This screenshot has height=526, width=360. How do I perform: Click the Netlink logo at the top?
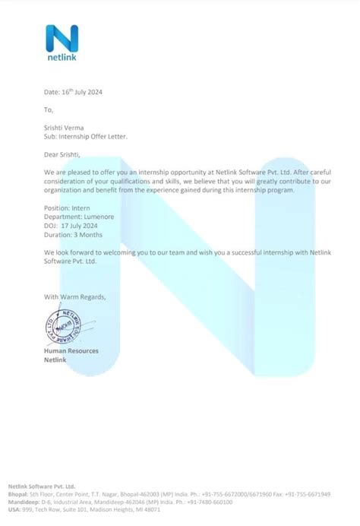[62, 43]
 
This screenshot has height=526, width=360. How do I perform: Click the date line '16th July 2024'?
[73, 92]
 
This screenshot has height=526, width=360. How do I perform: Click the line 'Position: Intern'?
[68, 208]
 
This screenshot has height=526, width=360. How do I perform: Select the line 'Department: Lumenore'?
[79, 217]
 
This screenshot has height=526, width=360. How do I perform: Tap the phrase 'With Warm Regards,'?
[75, 296]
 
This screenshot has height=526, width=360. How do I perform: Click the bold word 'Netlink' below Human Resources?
[55, 360]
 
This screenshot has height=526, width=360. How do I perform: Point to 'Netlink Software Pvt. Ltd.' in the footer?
[42, 486]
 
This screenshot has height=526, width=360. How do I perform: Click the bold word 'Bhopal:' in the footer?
[18, 493]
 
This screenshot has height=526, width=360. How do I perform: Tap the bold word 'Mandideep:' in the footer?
[23, 502]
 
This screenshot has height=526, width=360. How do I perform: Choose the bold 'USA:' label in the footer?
[14, 509]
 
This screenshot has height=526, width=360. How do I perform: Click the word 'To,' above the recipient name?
[49, 109]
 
